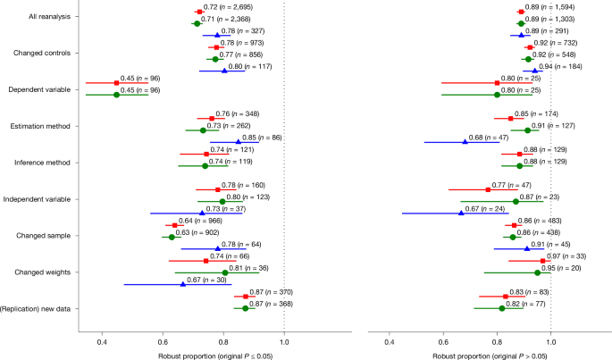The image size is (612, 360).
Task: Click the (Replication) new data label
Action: [40, 308]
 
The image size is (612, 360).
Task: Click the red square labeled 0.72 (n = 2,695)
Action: [199, 12]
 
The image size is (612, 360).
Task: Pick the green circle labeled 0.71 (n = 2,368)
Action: [197, 23]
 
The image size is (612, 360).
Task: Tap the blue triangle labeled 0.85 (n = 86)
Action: [238, 141]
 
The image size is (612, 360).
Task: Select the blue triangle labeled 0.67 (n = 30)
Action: [183, 284]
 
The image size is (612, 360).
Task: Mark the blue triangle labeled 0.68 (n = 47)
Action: [465, 141]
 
